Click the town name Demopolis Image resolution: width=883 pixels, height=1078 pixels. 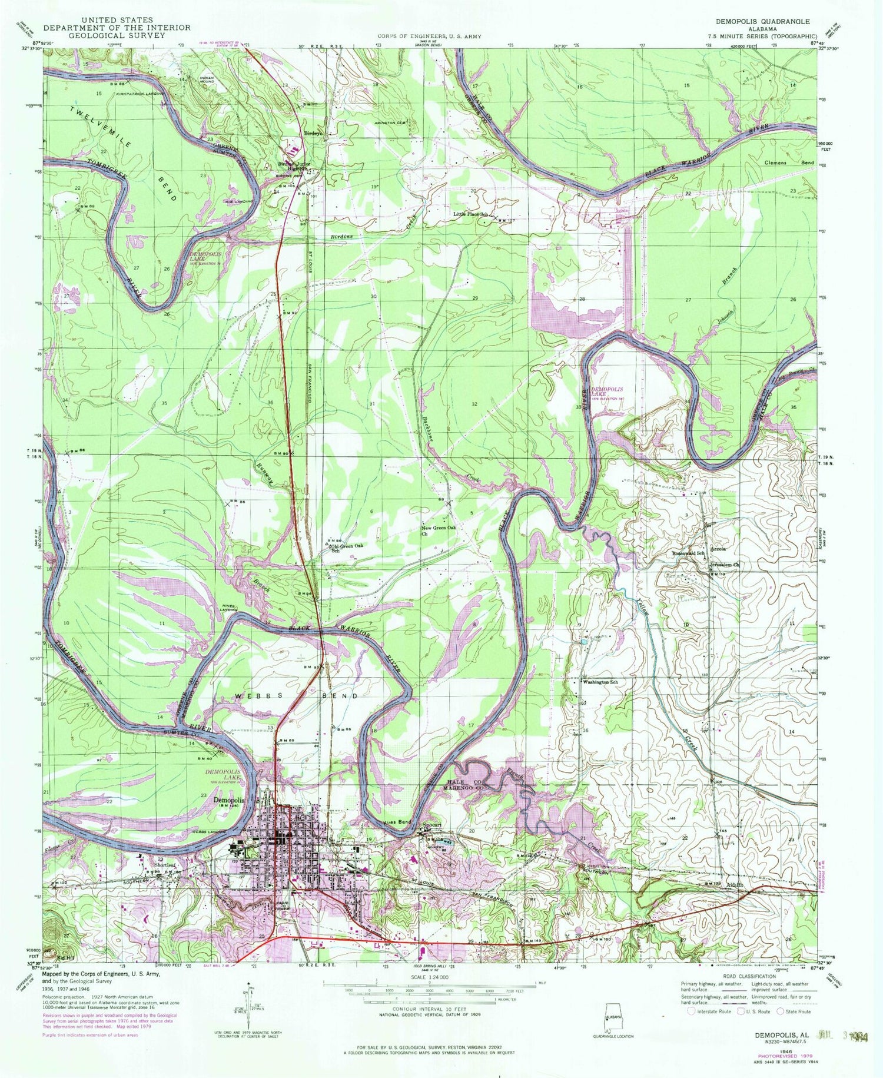click(x=229, y=801)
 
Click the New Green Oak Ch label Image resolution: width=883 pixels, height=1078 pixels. click(x=439, y=531)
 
